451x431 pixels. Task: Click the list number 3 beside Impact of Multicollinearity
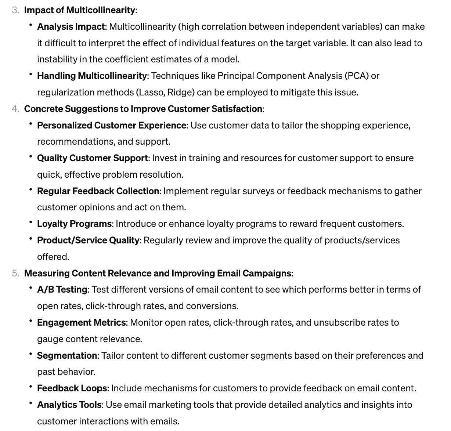tap(15, 10)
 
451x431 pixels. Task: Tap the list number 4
tap(15, 109)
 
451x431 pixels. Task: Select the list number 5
tap(15, 274)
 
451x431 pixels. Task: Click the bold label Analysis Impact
tap(71, 27)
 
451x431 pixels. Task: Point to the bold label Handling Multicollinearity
tap(92, 76)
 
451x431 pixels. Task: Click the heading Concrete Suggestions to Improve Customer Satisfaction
tap(143, 109)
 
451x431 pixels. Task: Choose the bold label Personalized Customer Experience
tap(112, 126)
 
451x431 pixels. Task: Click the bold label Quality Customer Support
tap(92, 158)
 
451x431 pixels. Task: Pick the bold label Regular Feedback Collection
tap(98, 191)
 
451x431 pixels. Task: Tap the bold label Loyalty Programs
tap(74, 224)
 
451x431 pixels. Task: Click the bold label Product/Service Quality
tap(88, 240)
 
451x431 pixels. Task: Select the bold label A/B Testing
tap(62, 290)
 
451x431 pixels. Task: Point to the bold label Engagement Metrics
tap(82, 323)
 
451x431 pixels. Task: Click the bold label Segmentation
tap(67, 356)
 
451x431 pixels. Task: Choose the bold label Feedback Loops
tap(72, 388)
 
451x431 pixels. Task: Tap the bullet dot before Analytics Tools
tap(31, 404)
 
